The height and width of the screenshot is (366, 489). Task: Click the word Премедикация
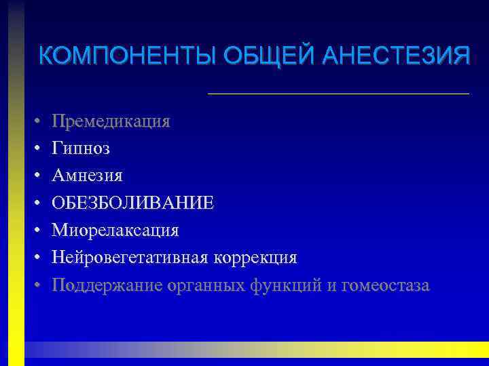pos(111,121)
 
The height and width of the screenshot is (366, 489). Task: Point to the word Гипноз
pos(81,148)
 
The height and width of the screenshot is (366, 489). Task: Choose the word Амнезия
pos(88,176)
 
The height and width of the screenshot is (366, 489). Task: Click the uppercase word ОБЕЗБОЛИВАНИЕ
pos(133,203)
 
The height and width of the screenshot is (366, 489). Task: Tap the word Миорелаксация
pos(115,230)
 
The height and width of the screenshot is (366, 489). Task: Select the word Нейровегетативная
pos(131,258)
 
